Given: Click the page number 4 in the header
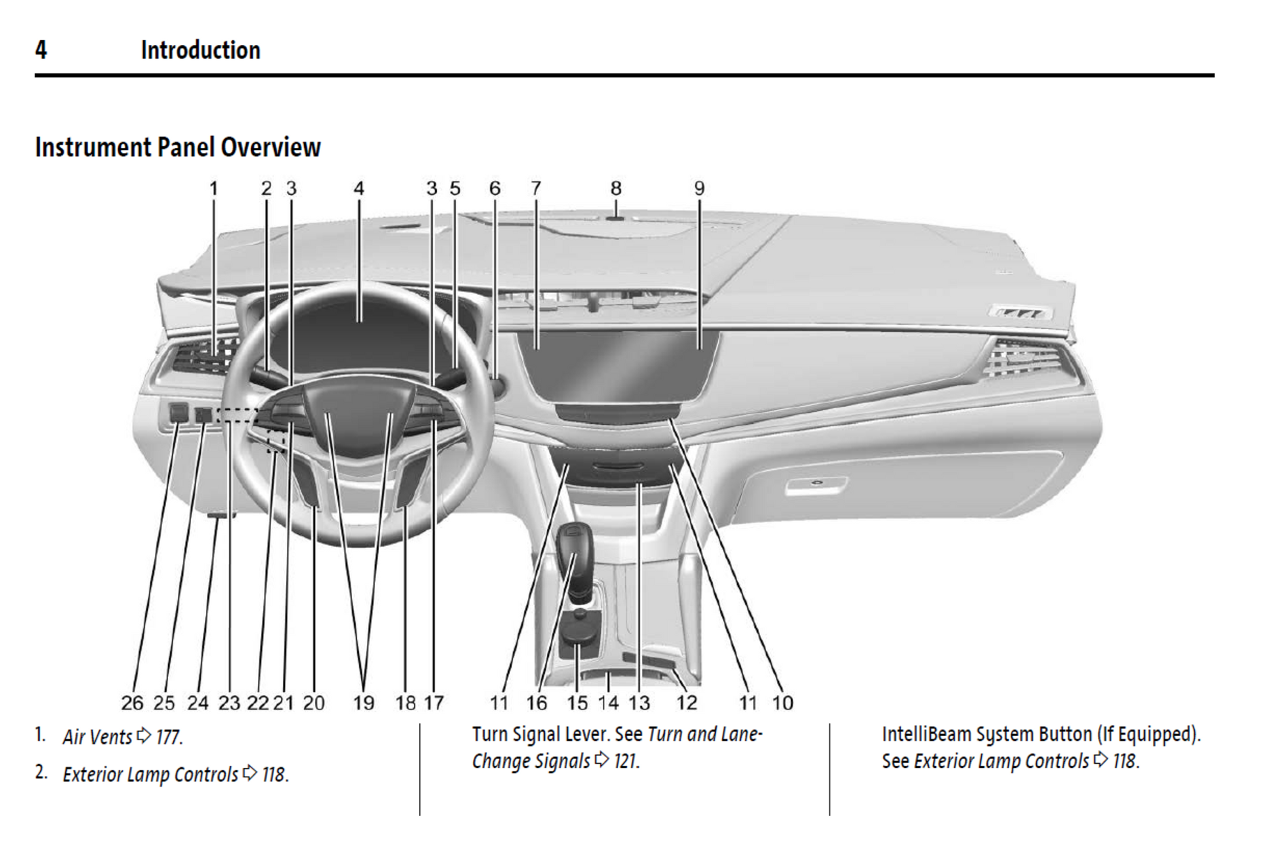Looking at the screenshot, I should coord(41,50).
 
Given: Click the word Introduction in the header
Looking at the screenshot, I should coord(200,50).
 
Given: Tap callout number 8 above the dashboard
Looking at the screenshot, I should coord(616,189).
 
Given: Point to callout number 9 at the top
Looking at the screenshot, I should coord(699,189).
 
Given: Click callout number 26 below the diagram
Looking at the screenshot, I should coord(132,703).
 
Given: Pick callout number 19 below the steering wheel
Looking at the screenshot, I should coord(364,703).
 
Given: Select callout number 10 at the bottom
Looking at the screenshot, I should coord(782,703).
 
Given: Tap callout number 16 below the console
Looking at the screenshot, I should coord(537,703).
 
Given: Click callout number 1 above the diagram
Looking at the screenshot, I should coord(214,189).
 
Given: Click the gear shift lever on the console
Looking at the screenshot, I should coord(575,557).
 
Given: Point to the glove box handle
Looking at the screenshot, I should coord(816,485).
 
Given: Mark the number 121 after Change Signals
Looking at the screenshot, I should coord(626,761).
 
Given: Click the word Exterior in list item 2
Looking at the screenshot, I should coord(93,775).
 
